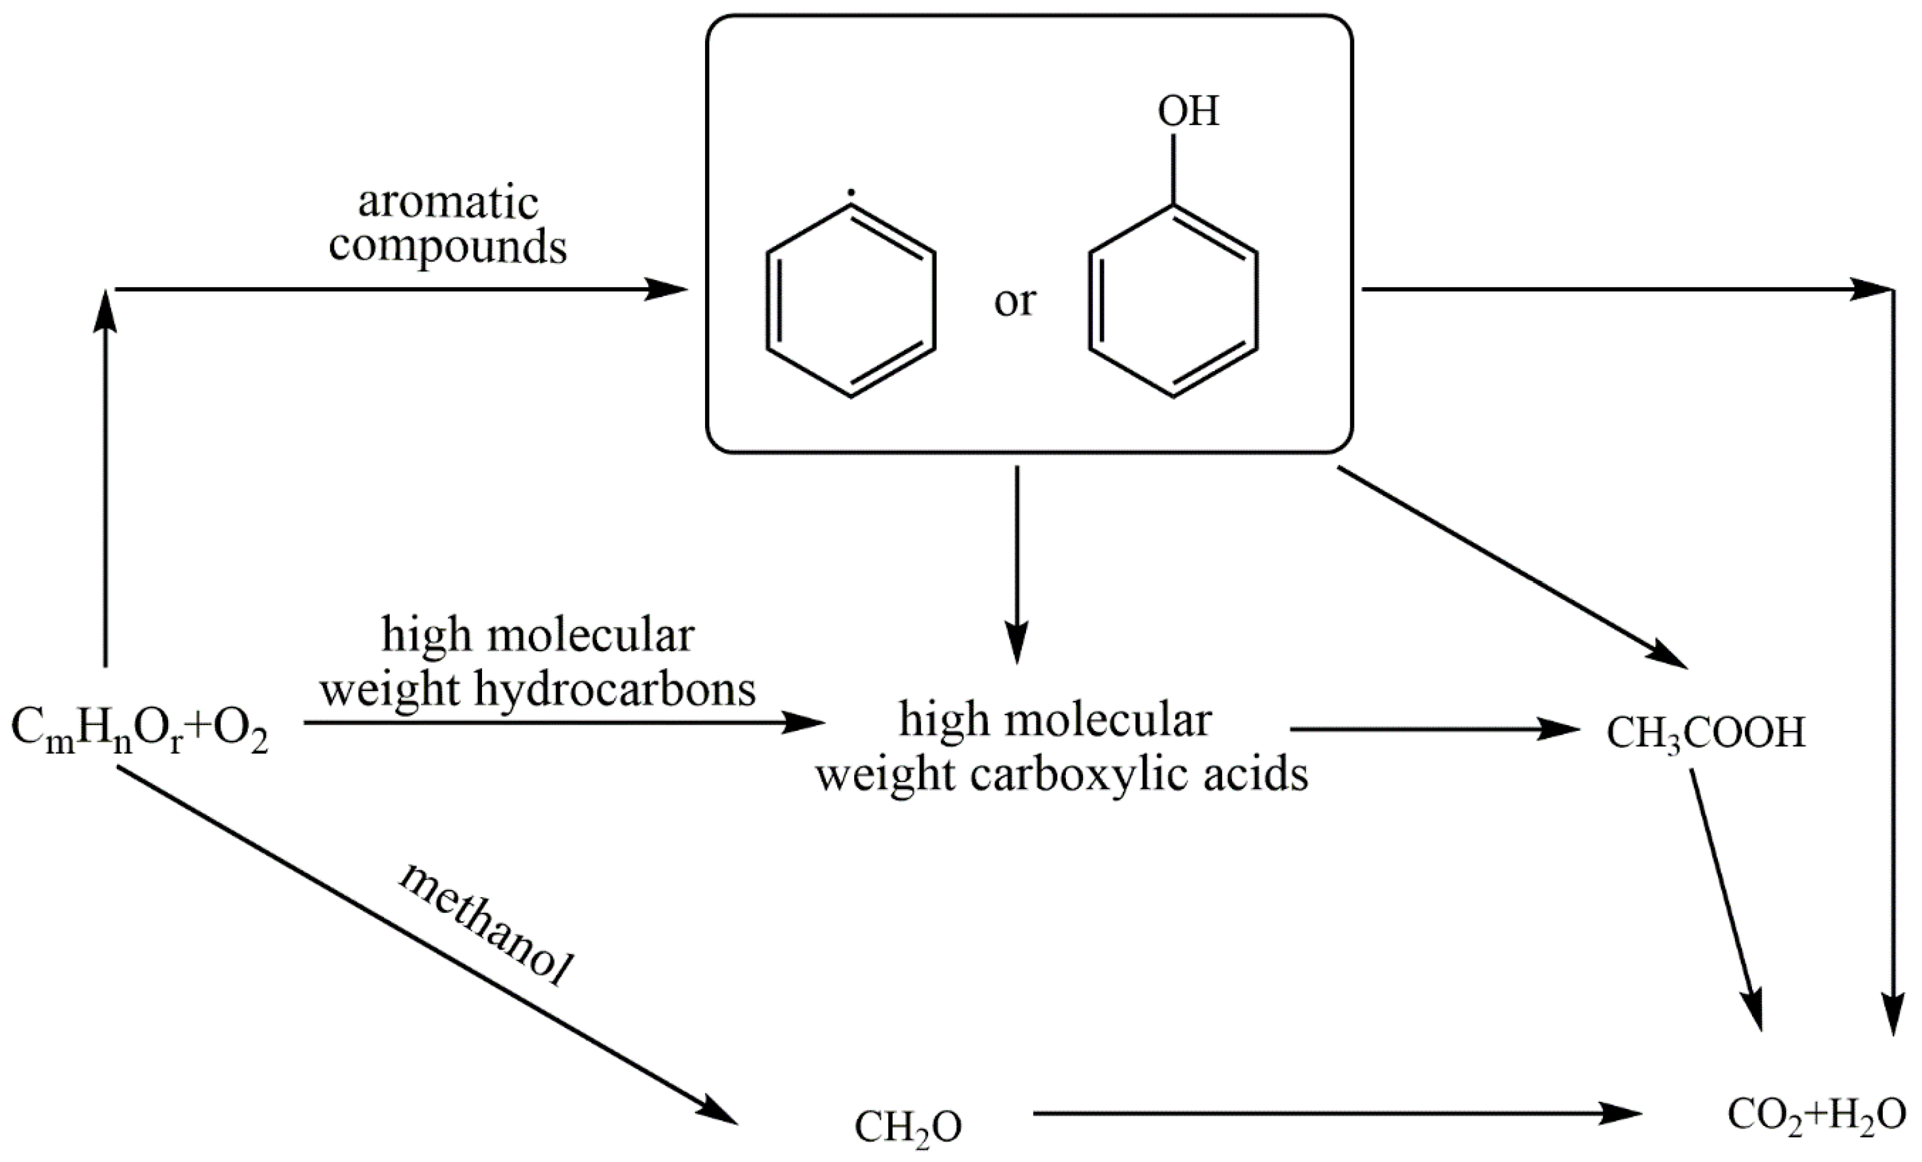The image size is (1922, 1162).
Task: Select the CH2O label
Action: [x=908, y=1127]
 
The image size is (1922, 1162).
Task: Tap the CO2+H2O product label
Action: [x=1816, y=1116]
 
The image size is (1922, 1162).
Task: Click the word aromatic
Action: [x=448, y=203]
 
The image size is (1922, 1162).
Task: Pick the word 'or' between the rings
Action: [x=1014, y=300]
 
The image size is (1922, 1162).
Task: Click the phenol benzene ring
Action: [x=1173, y=300]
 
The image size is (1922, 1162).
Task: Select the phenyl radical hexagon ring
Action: [x=850, y=300]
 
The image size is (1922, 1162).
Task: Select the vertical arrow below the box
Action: [x=1017, y=562]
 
